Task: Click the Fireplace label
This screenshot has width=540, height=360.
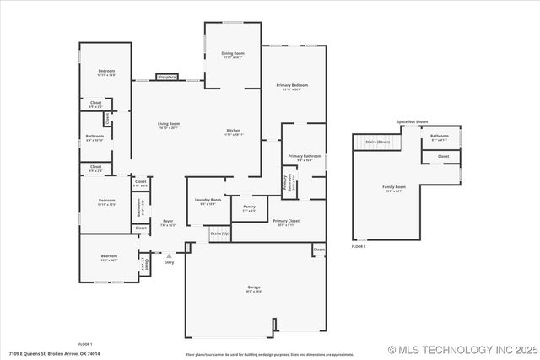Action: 167,77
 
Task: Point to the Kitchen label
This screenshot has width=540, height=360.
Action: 233,132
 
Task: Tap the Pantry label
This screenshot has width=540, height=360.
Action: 249,207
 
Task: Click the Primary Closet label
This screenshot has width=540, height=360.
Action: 286,222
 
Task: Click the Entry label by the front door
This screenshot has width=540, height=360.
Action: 169,262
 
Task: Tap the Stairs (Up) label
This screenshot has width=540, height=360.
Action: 219,233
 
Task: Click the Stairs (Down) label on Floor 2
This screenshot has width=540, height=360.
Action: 377,142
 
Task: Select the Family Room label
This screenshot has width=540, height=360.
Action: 393,187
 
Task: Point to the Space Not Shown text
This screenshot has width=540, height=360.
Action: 413,122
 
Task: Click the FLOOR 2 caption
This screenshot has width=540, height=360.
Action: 359,246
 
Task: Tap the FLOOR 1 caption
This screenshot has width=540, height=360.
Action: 85,344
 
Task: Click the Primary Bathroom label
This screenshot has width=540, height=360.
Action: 305,157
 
